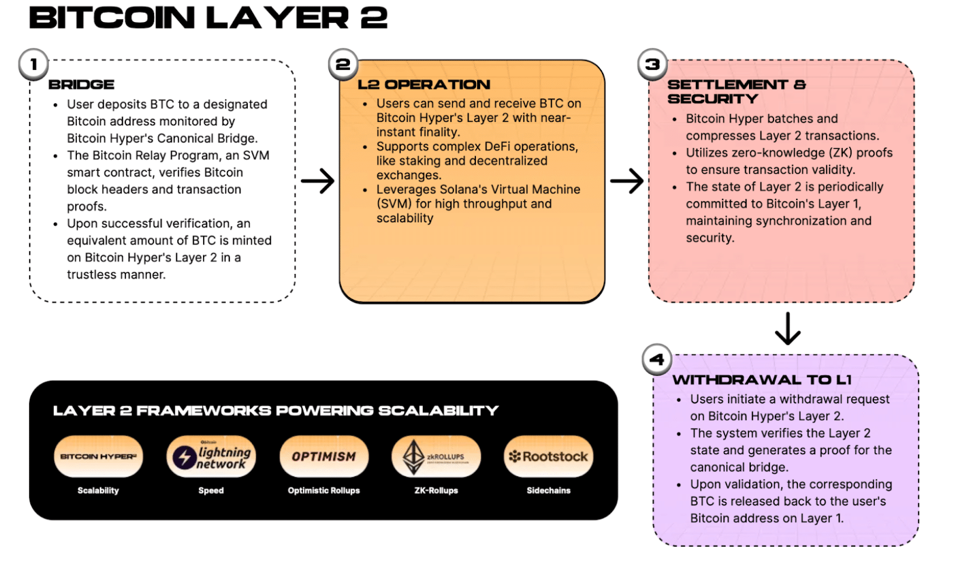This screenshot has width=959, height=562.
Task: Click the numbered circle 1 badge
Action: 33,64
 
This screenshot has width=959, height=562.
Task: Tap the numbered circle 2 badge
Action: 343,64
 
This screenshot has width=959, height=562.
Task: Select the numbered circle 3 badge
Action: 652,64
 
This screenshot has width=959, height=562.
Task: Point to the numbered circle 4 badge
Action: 657,359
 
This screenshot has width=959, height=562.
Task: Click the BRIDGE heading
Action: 82,85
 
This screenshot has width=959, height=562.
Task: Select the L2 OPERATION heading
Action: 424,85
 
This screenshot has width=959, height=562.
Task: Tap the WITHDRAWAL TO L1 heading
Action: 762,380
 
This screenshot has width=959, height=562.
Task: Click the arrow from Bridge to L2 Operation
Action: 318,181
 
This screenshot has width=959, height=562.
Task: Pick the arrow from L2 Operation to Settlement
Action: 627,181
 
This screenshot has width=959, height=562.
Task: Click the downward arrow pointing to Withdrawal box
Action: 787,329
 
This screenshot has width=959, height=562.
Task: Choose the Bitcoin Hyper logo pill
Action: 98,456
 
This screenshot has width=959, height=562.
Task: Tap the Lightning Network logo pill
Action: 211,456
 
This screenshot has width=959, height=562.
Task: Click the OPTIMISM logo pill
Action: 324,456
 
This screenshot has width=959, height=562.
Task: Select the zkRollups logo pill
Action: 436,456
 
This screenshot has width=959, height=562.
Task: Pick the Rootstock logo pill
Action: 548,456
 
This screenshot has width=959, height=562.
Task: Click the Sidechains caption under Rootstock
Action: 548,491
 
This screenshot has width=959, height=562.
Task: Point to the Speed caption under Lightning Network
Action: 211,491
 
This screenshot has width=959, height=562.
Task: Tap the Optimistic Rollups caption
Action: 324,491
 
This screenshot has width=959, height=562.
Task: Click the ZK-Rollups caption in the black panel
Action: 436,491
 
